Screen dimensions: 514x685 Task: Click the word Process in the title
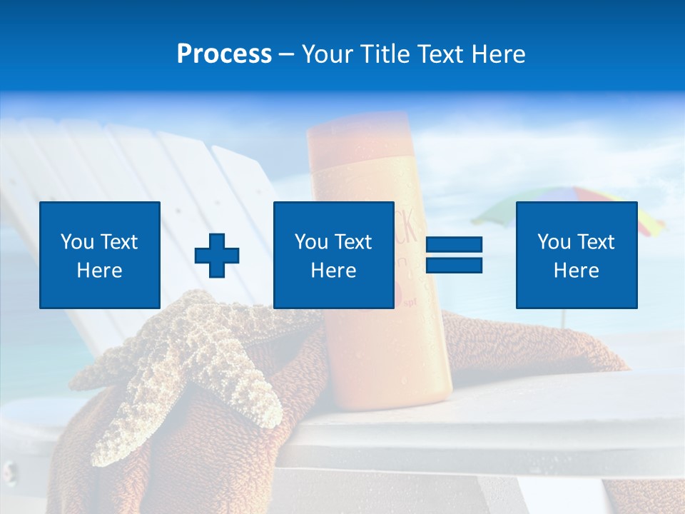click(x=224, y=54)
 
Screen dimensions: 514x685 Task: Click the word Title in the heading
click(x=384, y=54)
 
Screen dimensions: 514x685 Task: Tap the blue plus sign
click(x=217, y=255)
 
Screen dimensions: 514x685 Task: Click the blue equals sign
click(x=454, y=255)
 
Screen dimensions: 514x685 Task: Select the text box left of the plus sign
click(x=100, y=255)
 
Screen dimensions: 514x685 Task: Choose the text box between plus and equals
click(x=333, y=255)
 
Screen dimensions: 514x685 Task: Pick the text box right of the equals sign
click(x=577, y=255)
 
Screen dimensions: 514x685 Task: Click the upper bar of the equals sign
click(x=454, y=245)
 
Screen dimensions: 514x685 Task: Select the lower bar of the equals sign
click(x=454, y=265)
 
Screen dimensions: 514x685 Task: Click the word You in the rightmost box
click(x=552, y=242)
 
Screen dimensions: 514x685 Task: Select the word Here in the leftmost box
click(x=100, y=271)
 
